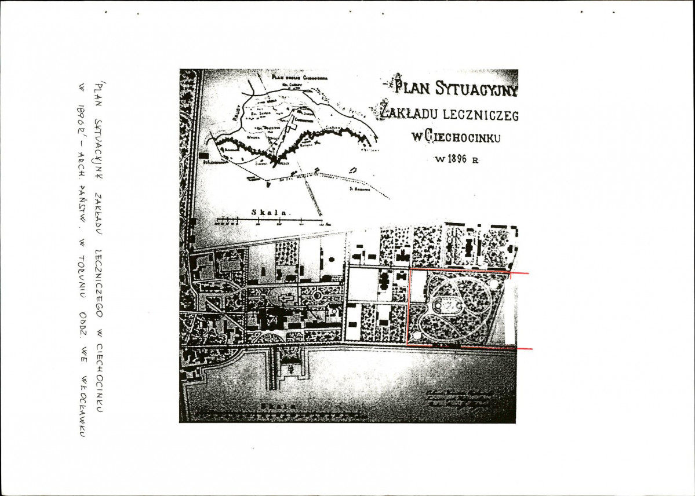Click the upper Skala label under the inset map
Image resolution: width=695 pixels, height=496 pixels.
pos(270,212)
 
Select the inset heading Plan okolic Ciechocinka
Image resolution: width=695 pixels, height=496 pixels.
pos(301,78)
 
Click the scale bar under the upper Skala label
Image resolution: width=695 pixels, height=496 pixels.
pos(269,221)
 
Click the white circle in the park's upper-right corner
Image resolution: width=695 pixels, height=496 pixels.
pos(493,283)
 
